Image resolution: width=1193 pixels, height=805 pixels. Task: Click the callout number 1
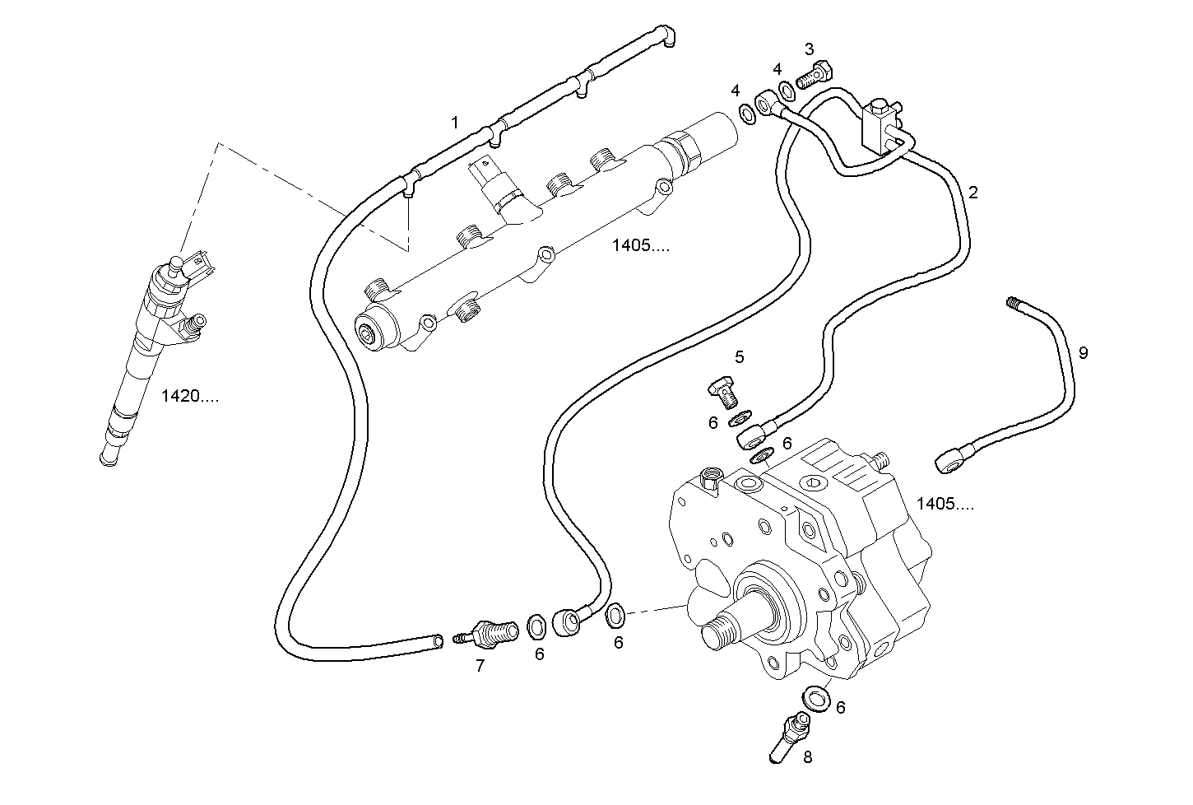pos(454,123)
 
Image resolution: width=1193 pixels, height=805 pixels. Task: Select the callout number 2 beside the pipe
pos(973,193)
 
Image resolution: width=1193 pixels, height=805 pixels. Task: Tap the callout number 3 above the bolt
pos(809,49)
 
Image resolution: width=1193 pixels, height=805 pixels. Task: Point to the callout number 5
pos(739,356)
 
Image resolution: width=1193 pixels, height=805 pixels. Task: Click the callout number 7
pos(480,667)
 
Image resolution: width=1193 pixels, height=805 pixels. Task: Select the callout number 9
pos(1083,353)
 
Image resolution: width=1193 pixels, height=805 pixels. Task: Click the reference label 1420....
pos(189,396)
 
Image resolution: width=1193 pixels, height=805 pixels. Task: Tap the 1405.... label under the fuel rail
pos(641,245)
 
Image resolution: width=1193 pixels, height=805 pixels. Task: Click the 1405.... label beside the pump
pos(945,505)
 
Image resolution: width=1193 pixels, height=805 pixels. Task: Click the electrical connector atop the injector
pos(199,265)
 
